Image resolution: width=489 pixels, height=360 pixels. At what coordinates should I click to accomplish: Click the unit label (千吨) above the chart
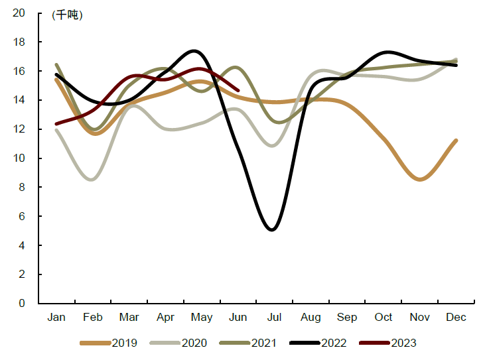click(x=68, y=15)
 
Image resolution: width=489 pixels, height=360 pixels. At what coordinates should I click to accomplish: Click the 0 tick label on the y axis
click(x=22, y=304)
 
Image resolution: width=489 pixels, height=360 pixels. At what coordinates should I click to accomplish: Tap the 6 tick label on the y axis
click(x=22, y=217)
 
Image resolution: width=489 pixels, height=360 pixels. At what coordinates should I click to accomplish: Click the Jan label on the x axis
click(x=56, y=318)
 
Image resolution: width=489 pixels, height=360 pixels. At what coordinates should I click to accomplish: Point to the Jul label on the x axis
click(x=274, y=318)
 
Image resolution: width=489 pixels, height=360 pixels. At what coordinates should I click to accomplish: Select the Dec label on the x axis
click(x=456, y=318)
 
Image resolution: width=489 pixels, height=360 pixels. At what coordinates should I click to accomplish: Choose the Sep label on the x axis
click(x=347, y=318)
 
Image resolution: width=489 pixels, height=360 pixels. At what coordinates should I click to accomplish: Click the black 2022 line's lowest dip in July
click(x=272, y=229)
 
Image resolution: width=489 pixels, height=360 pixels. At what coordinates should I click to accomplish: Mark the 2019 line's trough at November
click(x=421, y=179)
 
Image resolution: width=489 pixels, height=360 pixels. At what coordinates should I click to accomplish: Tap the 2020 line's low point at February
click(x=92, y=179)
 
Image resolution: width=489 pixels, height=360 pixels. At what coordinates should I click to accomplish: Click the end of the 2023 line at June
click(x=238, y=90)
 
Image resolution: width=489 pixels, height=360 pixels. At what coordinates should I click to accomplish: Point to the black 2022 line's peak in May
click(x=194, y=51)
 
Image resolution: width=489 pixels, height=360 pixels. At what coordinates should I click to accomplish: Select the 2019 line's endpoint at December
click(x=456, y=141)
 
